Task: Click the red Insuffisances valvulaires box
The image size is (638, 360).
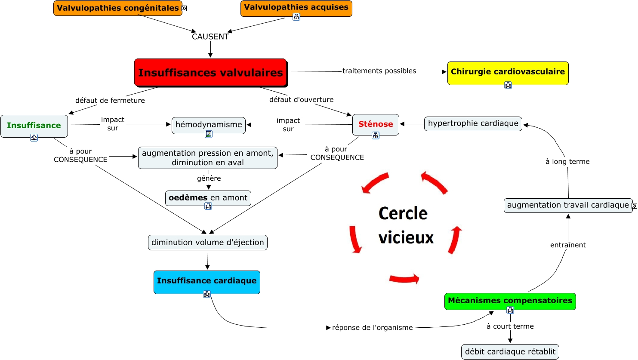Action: pos(210,72)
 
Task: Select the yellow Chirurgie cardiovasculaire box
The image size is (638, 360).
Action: pos(508,73)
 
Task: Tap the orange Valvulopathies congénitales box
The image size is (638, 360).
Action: pos(117,8)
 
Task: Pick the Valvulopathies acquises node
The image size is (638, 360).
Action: pos(296,9)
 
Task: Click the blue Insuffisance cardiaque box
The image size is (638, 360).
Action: pos(207,282)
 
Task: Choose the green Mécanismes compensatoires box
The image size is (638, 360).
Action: pos(510,302)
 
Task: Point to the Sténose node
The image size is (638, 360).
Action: pos(376,125)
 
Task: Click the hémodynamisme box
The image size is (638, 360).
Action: pos(209,125)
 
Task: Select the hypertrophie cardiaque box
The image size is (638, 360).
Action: pos(473,123)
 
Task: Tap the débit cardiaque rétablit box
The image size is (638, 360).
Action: pos(510,352)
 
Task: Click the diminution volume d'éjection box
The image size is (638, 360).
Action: pos(208,243)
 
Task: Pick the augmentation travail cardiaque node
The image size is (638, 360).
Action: pos(568,205)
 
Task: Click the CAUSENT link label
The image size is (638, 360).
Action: pos(210,37)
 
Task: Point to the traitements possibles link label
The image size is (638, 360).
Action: pos(379,71)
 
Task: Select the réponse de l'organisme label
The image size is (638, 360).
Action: pos(372,328)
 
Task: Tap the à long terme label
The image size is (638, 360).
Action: pos(567,161)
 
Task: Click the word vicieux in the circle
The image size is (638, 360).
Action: pos(406,237)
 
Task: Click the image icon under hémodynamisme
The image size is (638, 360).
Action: pos(209,134)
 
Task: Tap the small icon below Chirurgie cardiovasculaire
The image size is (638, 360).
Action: pos(508,85)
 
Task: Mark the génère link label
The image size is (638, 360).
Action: pos(209,178)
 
